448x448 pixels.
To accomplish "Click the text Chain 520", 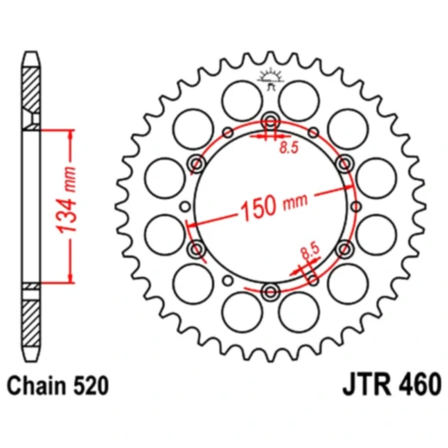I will coord(58,385).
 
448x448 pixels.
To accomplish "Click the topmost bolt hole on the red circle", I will coord(270,120).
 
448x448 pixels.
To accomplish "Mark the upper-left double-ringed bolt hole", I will coord(196,161).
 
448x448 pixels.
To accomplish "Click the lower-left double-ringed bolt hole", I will coord(196,249).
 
